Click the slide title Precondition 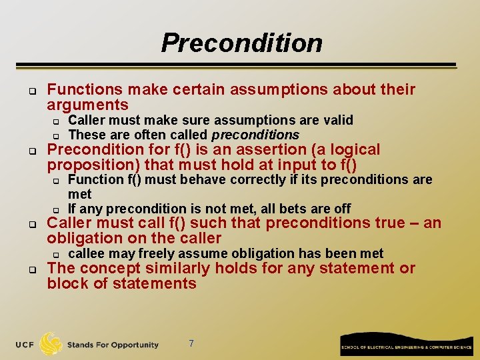[x=241, y=43]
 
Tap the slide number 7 [x=191, y=343]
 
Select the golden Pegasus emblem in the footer [x=51, y=344]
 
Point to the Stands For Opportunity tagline [x=113, y=345]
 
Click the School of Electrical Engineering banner [x=406, y=345]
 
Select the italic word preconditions [x=255, y=135]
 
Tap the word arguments [x=87, y=105]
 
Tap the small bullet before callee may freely [x=57, y=254]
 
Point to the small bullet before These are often [x=57, y=135]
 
